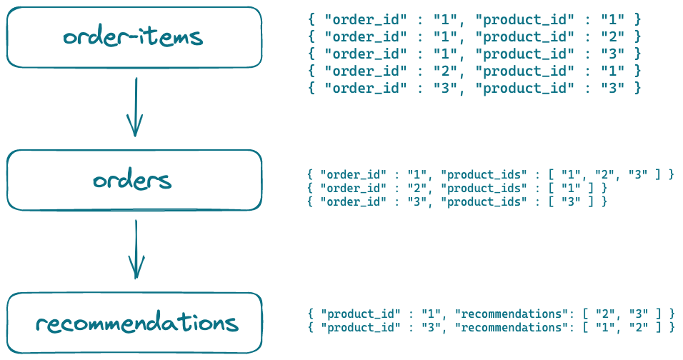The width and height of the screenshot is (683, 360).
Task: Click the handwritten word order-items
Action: tap(133, 37)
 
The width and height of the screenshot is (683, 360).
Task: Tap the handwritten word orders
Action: tap(132, 181)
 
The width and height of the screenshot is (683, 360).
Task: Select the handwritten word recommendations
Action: tap(136, 324)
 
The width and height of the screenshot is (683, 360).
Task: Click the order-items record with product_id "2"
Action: tap(475, 36)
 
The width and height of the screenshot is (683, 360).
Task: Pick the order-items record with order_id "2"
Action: tap(475, 71)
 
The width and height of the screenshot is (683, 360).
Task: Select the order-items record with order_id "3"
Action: tap(475, 88)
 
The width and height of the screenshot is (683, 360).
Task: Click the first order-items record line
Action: tap(475, 19)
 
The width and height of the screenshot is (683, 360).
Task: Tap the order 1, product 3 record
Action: tap(475, 54)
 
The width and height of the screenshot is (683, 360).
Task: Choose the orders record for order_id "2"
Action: tap(457, 188)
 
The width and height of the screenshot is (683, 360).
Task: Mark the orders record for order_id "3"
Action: tap(457, 201)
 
